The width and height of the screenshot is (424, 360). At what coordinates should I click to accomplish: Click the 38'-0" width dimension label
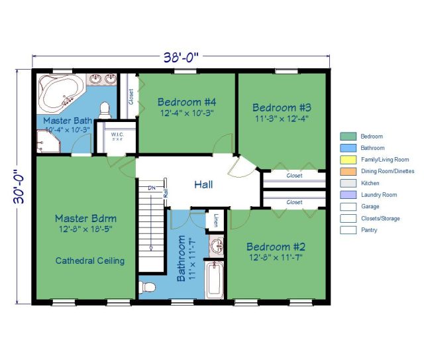181,58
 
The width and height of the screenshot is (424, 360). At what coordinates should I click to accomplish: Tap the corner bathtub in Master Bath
60,93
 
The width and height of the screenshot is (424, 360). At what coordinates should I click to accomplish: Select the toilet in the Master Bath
105,110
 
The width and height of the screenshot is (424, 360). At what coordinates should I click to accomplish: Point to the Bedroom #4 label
187,101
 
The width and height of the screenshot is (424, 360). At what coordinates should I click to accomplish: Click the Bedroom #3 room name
282,107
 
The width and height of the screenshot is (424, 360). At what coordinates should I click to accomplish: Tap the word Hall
203,185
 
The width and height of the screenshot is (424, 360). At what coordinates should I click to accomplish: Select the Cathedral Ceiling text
89,261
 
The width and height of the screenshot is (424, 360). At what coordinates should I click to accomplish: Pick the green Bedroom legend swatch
348,136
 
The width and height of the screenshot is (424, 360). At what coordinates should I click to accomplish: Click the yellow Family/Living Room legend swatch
348,160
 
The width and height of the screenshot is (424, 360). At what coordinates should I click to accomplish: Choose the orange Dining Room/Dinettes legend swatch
348,171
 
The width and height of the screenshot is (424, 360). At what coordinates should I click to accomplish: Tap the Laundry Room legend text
379,195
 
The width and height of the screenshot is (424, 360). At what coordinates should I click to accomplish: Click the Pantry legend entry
370,230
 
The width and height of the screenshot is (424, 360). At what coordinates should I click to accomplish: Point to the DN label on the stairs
152,188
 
